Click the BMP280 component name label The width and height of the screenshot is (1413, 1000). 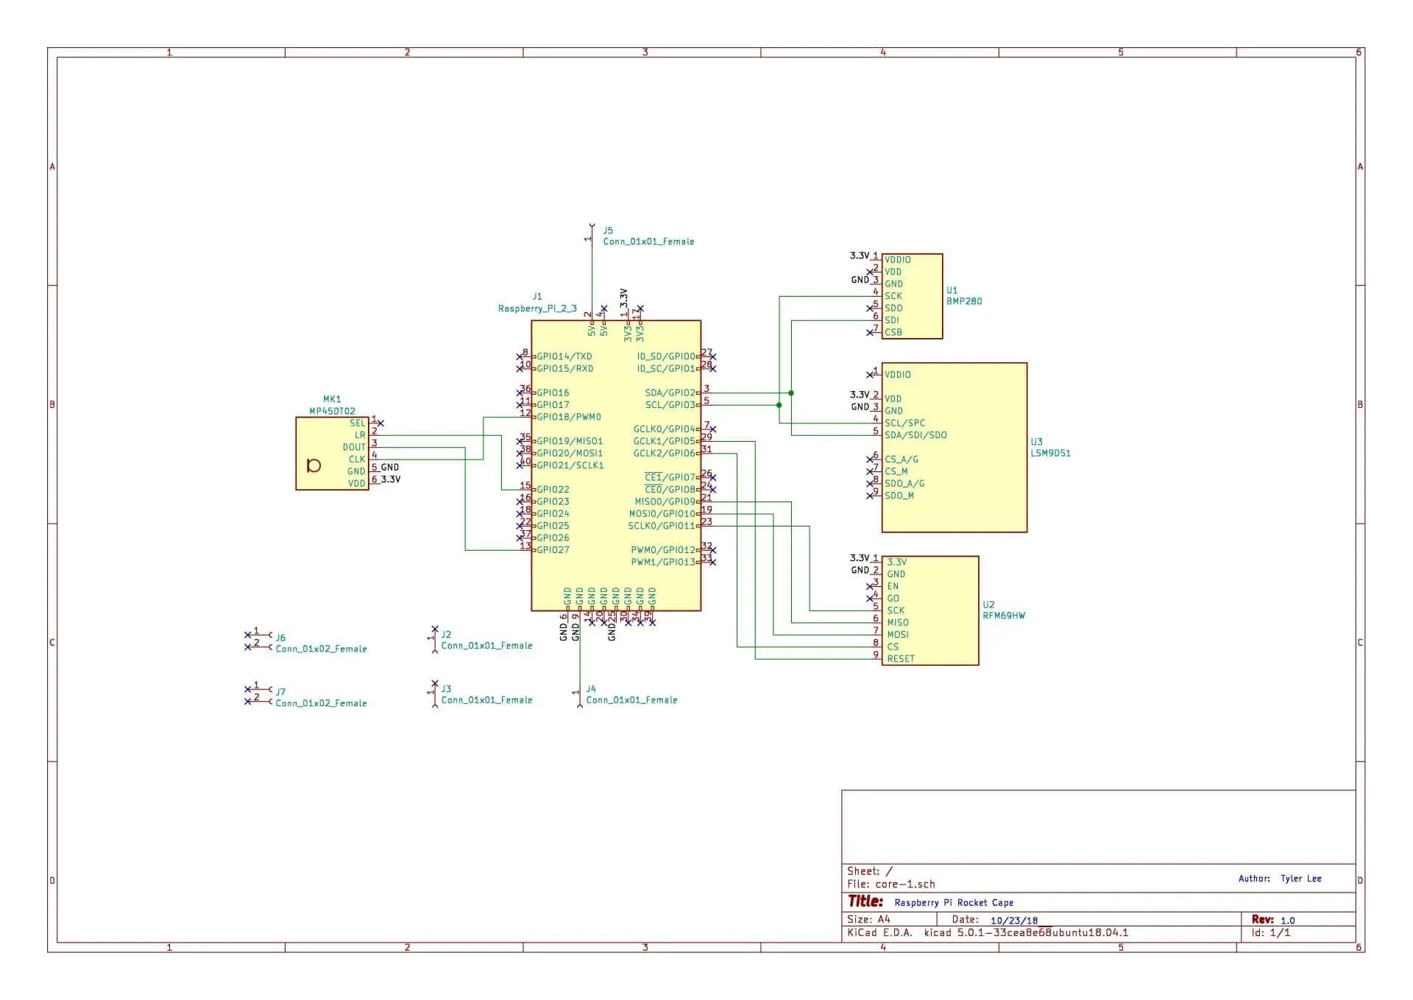coord(963,301)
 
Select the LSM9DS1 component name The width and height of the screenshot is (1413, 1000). coord(1050,453)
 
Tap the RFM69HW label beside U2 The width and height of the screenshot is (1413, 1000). coord(1003,616)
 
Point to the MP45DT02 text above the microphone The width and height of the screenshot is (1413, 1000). coord(332,411)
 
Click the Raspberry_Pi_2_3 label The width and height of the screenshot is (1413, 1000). coord(537,309)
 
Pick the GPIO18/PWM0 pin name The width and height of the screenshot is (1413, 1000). coord(568,417)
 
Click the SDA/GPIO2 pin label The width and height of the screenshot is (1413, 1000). coord(670,392)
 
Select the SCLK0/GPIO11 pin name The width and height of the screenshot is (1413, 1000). coord(661,526)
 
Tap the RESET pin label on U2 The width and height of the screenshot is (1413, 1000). coord(900,658)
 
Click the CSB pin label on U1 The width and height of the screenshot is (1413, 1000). coord(893,332)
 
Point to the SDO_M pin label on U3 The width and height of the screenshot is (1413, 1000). coord(899,496)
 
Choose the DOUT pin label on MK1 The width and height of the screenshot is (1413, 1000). coord(354,447)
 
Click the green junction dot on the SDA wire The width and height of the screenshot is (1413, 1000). coord(791,393)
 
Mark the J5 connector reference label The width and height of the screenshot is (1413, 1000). coord(608,230)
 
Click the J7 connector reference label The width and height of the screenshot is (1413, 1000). coord(280,691)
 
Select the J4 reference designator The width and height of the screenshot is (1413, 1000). coord(591,689)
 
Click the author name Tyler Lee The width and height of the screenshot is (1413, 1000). coord(1300,878)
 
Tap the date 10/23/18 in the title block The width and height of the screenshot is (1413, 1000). coord(1013,920)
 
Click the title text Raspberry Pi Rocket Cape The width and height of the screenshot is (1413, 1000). coord(953,903)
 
